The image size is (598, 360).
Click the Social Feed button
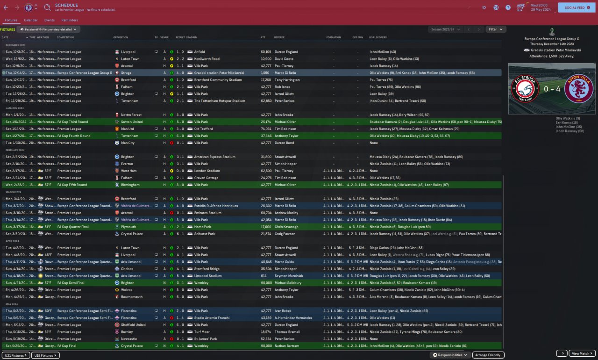[x=577, y=7]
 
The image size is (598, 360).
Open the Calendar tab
[x=31, y=20]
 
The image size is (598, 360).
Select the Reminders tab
[x=70, y=20]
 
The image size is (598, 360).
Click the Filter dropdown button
[x=496, y=29]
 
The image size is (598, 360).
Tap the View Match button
[x=583, y=353]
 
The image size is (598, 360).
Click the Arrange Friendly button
[x=488, y=355]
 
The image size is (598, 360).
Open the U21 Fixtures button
[x=16, y=355]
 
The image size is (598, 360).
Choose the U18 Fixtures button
[x=45, y=355]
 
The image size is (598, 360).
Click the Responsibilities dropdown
[x=450, y=355]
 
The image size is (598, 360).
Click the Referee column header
[x=279, y=37]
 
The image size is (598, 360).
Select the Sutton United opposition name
[x=132, y=122]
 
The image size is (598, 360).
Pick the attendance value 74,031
[x=266, y=129]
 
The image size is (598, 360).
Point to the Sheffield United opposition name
[x=134, y=325]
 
